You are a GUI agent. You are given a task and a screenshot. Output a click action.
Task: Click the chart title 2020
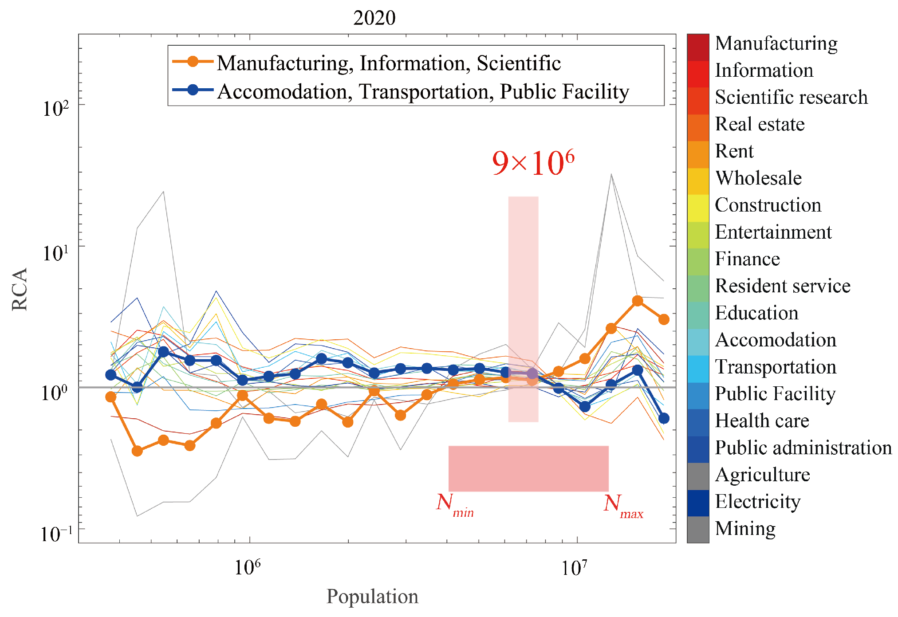pyautogui.click(x=374, y=18)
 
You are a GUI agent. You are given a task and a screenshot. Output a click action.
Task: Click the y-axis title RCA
pyautogui.click(x=20, y=289)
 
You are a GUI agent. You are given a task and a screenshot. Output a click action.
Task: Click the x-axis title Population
pyautogui.click(x=372, y=597)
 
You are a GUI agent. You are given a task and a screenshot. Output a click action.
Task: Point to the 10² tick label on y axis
pyautogui.click(x=56, y=108)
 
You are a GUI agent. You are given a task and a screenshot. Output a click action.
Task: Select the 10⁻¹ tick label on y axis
pyautogui.click(x=56, y=534)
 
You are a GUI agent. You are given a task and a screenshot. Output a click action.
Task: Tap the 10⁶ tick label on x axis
pyautogui.click(x=247, y=567)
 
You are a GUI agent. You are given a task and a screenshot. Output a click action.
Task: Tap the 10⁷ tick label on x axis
pyautogui.click(x=574, y=567)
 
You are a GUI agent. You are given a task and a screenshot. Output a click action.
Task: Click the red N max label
pyautogui.click(x=623, y=506)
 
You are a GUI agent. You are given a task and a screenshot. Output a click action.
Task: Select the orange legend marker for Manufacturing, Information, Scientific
pyautogui.click(x=193, y=62)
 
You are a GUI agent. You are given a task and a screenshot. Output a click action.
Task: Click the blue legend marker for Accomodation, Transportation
pyautogui.click(x=193, y=90)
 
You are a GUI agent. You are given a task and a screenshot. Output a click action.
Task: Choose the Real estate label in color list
pyautogui.click(x=760, y=124)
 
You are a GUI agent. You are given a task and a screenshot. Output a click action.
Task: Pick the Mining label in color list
pyautogui.click(x=745, y=529)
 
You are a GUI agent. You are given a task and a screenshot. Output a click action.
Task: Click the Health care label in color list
pyautogui.click(x=762, y=421)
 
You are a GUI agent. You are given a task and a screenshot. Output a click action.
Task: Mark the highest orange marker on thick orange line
pyautogui.click(x=637, y=301)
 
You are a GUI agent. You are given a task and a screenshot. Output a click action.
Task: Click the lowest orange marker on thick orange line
pyautogui.click(x=137, y=451)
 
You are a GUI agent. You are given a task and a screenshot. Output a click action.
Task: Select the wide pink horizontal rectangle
pyautogui.click(x=528, y=468)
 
